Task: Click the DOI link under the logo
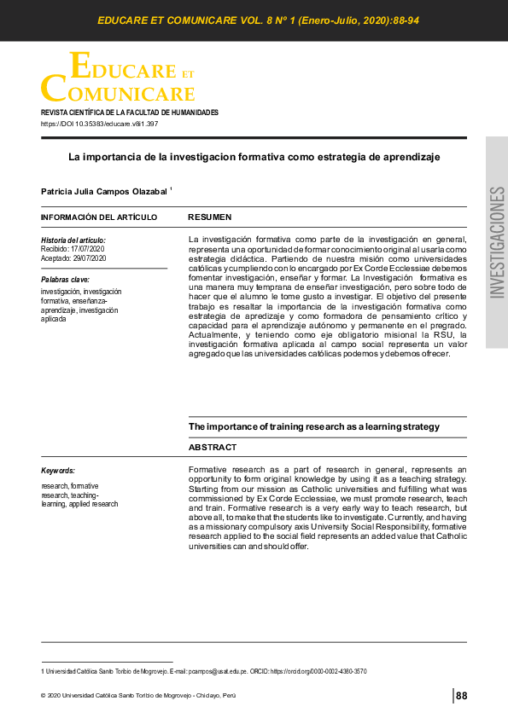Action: coord(99,124)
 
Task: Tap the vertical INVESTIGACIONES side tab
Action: coord(497,242)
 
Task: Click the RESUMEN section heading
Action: coord(209,217)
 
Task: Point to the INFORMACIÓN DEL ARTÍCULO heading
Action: coord(99,217)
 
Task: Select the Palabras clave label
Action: coord(65,280)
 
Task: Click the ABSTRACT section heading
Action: coord(213,447)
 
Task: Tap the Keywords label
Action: coord(58,471)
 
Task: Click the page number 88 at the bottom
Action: coord(462,696)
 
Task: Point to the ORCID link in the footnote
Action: coord(318,672)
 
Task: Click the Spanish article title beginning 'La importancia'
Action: coord(254,157)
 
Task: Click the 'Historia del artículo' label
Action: coord(73,240)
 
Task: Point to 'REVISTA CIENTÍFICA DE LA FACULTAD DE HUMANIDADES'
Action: coord(130,113)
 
